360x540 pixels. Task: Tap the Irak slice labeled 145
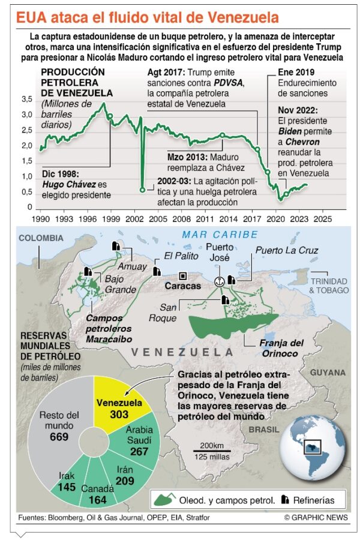coord(67,481)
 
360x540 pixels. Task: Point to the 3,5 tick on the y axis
coord(28,99)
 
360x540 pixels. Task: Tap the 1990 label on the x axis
coord(40,220)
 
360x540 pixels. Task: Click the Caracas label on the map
coord(183,286)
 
